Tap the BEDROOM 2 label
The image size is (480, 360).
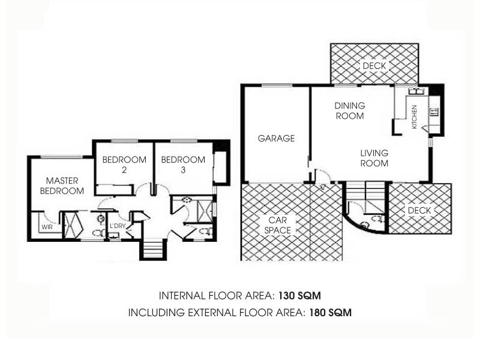coord(124,165)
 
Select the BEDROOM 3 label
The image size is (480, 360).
coord(183,165)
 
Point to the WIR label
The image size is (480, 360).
coord(46,228)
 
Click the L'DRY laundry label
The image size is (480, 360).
coord(117,226)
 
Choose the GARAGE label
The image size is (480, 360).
coord(276,138)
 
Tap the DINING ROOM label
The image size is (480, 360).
coord(350,110)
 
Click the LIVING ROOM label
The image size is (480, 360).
coord(374,158)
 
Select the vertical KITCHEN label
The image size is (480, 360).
coord(414,117)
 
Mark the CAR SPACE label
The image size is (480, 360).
coord(277,225)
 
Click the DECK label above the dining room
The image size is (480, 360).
coord(374,65)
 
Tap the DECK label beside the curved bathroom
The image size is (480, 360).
coord(419,211)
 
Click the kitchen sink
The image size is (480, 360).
coord(415,92)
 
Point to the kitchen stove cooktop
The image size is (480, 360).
coord(433,111)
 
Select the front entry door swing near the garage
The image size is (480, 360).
coord(322,178)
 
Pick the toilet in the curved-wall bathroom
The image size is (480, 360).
coord(377,220)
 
